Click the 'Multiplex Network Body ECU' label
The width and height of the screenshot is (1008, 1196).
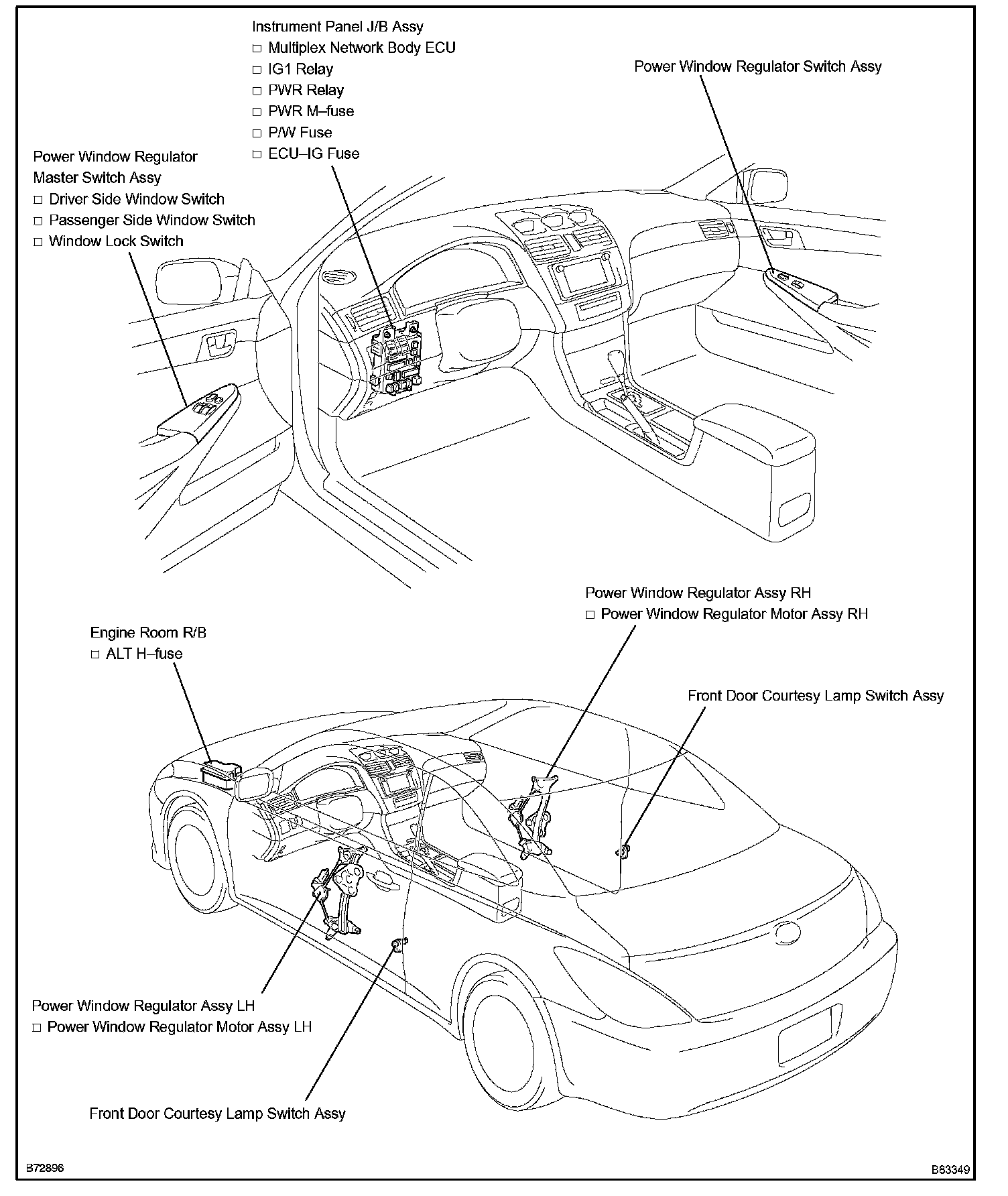(361, 48)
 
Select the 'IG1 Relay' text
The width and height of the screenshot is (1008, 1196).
(300, 69)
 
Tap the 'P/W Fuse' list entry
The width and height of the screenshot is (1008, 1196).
(300, 133)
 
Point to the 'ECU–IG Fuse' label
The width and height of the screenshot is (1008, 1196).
(313, 154)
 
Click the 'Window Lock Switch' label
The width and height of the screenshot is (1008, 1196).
(116, 241)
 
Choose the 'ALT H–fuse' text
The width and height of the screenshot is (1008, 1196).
(144, 654)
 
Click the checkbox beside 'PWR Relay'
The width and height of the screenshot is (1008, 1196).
(257, 91)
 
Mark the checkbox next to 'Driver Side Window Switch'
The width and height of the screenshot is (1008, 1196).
(38, 200)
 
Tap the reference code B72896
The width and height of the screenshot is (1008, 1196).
(45, 1168)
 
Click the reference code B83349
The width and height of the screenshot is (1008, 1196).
(950, 1171)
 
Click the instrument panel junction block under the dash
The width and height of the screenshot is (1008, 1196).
(395, 362)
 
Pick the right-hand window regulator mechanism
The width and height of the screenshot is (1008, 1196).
(533, 818)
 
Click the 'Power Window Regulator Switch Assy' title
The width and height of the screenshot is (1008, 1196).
(757, 67)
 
